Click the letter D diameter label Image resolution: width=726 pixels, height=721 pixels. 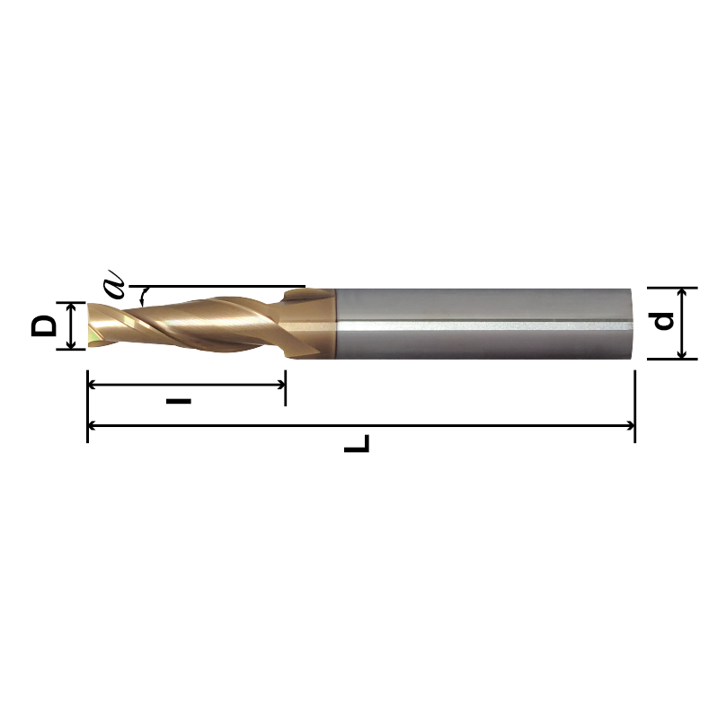pos(43,325)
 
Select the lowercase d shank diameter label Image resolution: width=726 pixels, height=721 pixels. pos(663,321)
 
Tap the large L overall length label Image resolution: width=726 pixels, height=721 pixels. pos(357,444)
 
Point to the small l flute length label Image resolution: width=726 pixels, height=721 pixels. pos(179,399)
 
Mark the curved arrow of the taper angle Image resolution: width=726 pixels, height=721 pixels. pos(141,297)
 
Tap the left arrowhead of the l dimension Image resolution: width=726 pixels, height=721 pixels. pos(93,384)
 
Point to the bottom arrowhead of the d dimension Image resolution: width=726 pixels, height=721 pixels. pos(684,353)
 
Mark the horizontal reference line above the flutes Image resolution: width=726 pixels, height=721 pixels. pos(225,287)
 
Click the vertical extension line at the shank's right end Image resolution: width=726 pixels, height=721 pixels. pos(635,396)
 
